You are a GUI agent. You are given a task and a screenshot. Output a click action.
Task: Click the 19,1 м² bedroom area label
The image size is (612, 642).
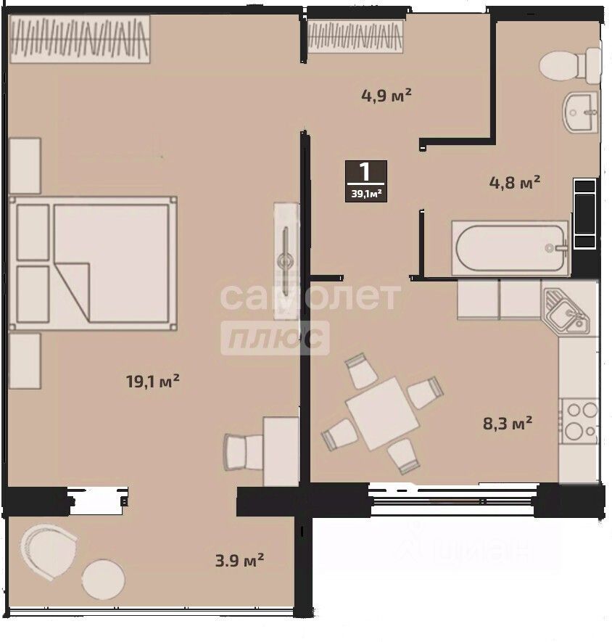[x=153, y=381]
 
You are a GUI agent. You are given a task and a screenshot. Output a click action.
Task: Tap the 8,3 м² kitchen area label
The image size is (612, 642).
[x=508, y=423]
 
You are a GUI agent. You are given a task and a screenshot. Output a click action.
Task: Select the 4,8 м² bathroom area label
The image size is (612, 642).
[x=515, y=182]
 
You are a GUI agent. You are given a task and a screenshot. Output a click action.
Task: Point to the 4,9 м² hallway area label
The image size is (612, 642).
[x=386, y=96]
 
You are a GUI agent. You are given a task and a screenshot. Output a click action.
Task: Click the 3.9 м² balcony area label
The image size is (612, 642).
[x=240, y=560]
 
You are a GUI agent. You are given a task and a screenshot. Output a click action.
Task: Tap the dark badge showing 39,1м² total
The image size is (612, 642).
[x=366, y=181]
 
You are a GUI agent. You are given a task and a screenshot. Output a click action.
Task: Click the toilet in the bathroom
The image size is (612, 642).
[x=570, y=66]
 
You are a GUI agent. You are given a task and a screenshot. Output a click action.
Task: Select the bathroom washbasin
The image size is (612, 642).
[x=581, y=112]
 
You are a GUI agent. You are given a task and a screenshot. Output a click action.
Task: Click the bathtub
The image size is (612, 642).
[x=510, y=248]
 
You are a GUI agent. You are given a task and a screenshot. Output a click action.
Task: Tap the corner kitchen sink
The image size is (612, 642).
[x=566, y=310]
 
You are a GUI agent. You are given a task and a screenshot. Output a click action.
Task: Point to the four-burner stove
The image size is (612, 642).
[x=580, y=421]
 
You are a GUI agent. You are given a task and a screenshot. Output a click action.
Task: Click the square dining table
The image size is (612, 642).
[x=382, y=413]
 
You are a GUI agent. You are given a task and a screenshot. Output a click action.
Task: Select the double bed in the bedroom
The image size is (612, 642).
[x=93, y=263]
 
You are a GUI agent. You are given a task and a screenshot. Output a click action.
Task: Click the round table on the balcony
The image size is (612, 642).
[x=103, y=579]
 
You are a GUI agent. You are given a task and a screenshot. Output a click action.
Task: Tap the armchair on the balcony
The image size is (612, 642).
[x=49, y=551]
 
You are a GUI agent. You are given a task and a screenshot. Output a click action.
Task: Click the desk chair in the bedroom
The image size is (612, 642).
[x=243, y=452]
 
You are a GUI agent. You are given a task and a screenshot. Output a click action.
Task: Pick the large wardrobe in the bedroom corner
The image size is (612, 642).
[x=80, y=39]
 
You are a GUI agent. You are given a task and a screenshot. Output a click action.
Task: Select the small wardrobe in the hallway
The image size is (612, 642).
[x=355, y=36]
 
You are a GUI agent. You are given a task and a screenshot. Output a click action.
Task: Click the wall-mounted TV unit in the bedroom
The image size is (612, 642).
[x=286, y=261]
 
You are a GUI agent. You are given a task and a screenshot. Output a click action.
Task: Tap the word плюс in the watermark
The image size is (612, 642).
[x=275, y=338]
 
